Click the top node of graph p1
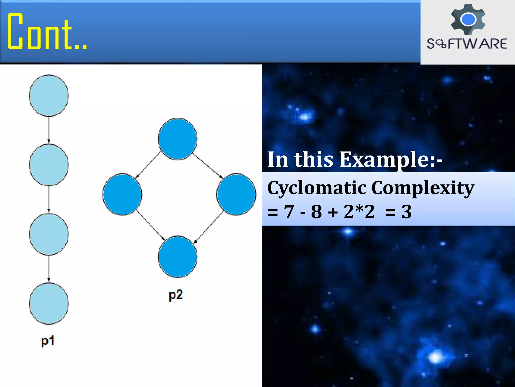[49, 95]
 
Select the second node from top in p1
[49, 165]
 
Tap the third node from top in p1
[49, 234]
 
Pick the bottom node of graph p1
[49, 304]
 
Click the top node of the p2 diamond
[178, 139]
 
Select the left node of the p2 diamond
[122, 194]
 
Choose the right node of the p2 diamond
[236, 194]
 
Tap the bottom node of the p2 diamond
[178, 257]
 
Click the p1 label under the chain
[48, 341]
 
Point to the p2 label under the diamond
[176, 295]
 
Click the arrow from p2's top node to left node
[148, 165]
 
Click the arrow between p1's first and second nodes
[49, 130]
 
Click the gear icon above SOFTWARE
[468, 19]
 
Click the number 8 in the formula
[316, 212]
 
